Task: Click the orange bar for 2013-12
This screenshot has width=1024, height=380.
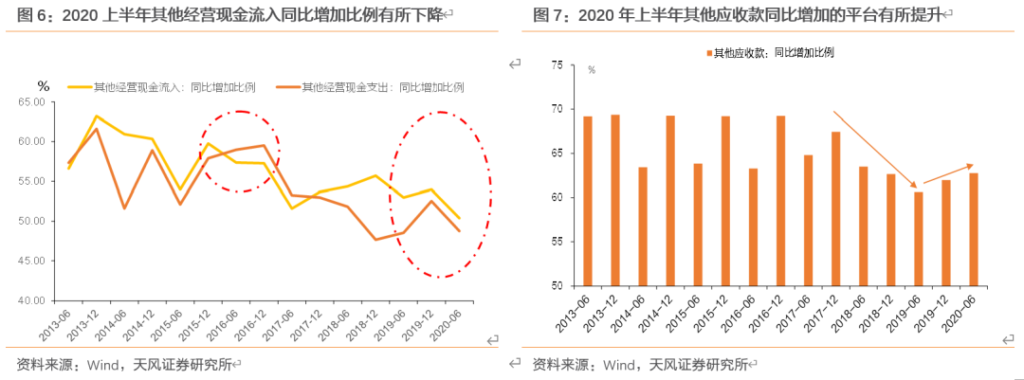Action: coord(615,200)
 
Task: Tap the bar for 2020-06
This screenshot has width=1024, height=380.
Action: coord(974,229)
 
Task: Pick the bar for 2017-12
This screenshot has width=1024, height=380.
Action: coord(836,208)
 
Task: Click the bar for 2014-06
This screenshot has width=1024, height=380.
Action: coord(643,226)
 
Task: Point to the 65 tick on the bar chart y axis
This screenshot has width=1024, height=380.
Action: coord(557,154)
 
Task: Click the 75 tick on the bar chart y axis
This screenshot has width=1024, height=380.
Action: coord(557,65)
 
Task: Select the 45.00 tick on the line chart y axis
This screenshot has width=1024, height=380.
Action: coord(33,261)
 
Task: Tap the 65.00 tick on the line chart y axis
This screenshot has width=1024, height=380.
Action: coord(33,102)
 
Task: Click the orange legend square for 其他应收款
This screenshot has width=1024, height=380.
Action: coord(708,53)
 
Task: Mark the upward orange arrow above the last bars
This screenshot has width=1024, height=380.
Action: coord(948,173)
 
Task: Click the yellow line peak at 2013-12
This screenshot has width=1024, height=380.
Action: coord(97,117)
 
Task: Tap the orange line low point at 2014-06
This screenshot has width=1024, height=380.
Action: coord(124,208)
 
